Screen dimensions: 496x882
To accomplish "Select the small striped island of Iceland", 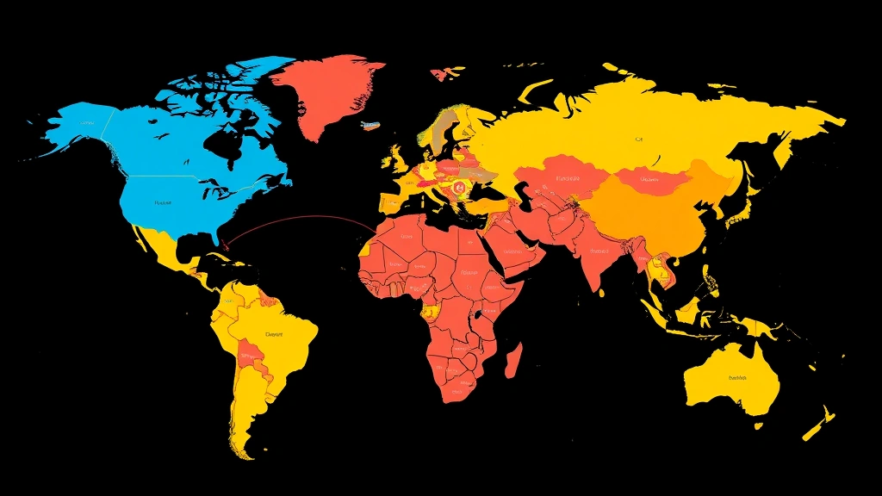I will tap(368, 126).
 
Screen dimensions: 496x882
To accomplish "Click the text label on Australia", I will tap(738, 377).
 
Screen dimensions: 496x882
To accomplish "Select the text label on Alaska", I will tap(84, 123).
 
